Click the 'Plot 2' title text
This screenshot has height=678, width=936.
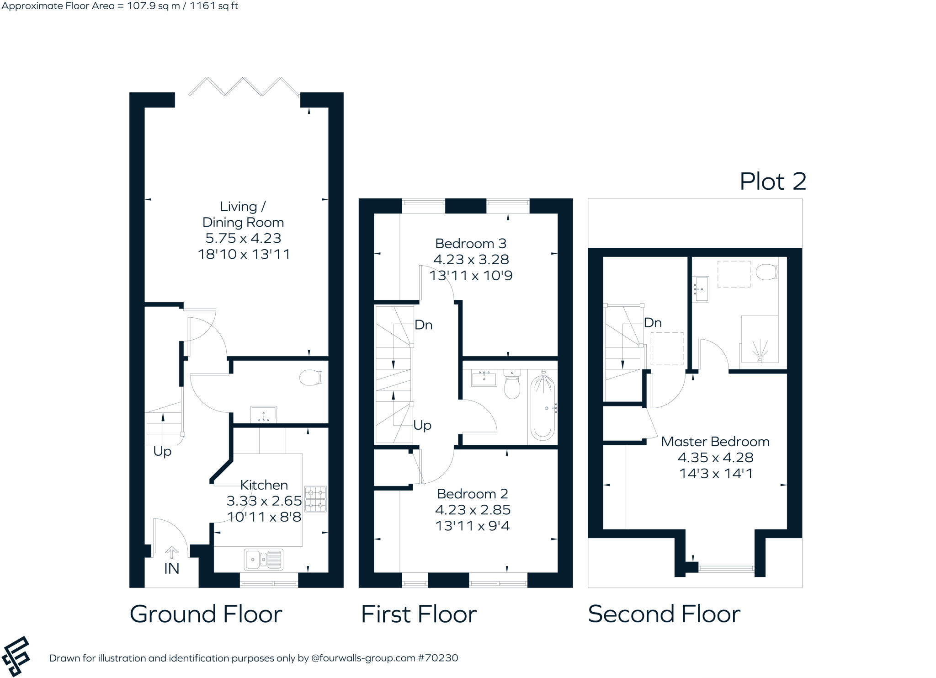pos(772,182)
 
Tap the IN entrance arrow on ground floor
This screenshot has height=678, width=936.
pos(171,553)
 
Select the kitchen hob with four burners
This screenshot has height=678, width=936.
pos(316,499)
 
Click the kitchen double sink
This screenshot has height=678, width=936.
pos(264,559)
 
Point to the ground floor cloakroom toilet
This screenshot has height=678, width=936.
pos(310,378)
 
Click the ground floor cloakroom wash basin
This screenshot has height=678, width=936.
pos(264,414)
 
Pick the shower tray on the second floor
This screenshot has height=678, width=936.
pos(760,339)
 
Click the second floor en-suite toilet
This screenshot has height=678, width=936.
pos(766,272)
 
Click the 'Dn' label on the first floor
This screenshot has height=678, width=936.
pos(423,325)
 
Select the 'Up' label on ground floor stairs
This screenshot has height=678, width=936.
pos(162,452)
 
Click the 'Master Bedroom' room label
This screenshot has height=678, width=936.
pos(715,442)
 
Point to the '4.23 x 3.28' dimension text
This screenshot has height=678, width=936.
pos(471,260)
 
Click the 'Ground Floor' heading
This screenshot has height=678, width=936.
pos(206,614)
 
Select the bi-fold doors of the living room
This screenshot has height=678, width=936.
pos(244,87)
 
